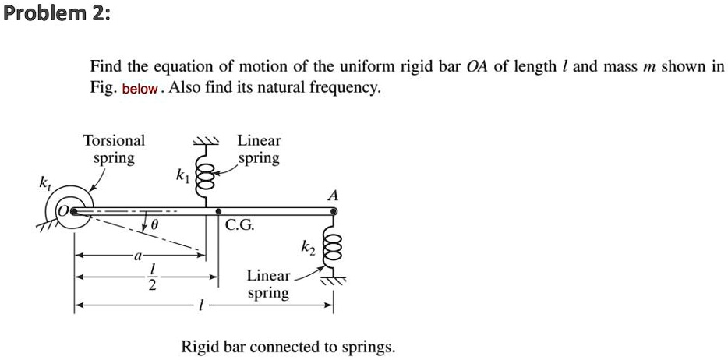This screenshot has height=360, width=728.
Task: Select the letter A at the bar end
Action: tap(333, 196)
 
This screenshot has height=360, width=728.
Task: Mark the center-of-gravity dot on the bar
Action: tap(218, 210)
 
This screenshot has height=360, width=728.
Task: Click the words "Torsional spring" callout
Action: tap(114, 150)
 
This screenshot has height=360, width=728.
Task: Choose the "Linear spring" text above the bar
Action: tap(259, 149)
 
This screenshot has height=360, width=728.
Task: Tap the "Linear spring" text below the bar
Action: tap(268, 284)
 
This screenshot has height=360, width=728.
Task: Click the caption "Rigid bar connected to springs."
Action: tap(288, 346)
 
